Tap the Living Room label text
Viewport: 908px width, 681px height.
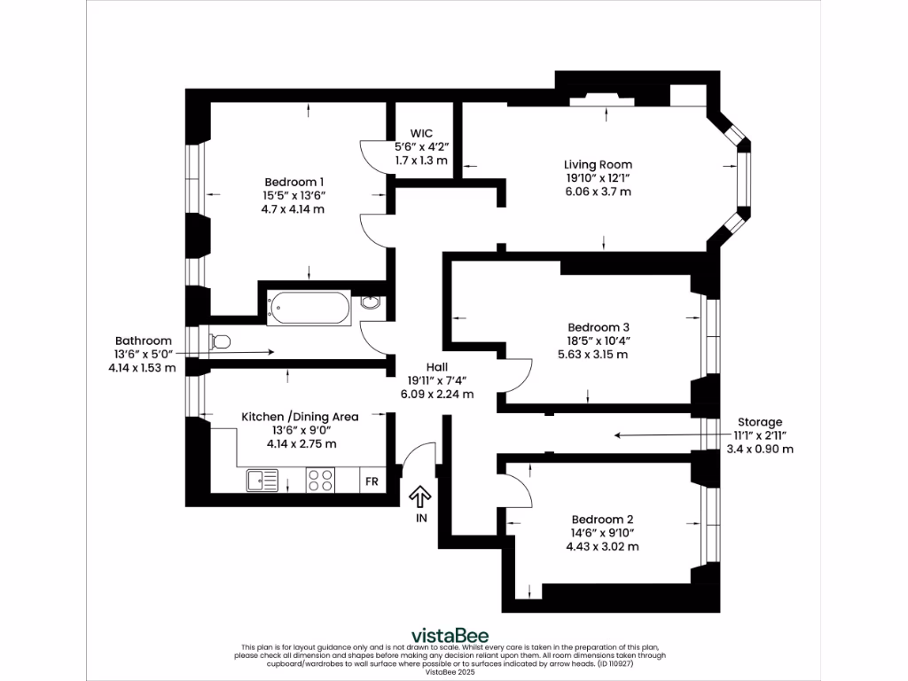pos(598,164)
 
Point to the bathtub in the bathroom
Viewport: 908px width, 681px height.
pos(309,308)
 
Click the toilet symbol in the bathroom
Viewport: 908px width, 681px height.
pos(219,341)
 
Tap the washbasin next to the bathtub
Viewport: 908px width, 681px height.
pos(372,303)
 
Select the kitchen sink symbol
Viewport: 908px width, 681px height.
pos(263,481)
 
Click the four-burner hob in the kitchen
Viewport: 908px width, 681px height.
pos(320,480)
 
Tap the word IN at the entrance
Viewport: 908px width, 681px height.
pos(420,518)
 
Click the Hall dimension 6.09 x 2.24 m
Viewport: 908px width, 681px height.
pos(436,395)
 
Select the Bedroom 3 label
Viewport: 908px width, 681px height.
pos(599,325)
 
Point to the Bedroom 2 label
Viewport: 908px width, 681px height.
pos(602,519)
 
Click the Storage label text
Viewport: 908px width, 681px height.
pos(760,421)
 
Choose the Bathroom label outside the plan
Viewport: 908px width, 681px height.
pos(143,340)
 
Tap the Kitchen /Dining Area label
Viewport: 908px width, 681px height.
pos(300,416)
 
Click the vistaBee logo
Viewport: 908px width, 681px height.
pos(449,635)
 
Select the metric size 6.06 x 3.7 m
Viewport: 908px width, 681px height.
pos(598,192)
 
